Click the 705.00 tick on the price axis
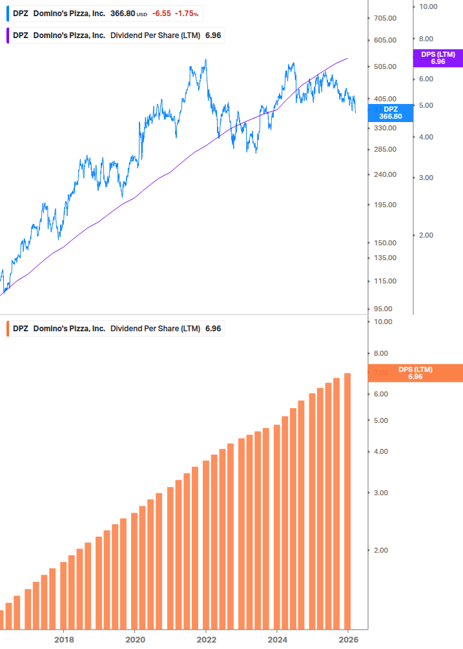(x=384, y=18)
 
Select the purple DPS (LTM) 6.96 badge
(x=437, y=58)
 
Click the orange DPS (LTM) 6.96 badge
(x=415, y=373)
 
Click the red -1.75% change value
(x=187, y=14)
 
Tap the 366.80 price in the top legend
(x=121, y=14)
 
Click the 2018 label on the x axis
(x=63, y=639)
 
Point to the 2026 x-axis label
(x=347, y=639)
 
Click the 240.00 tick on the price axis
(x=384, y=174)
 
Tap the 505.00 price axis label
(x=384, y=67)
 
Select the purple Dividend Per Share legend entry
(x=116, y=36)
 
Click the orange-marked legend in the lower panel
(x=116, y=329)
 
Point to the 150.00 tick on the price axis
(x=384, y=243)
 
